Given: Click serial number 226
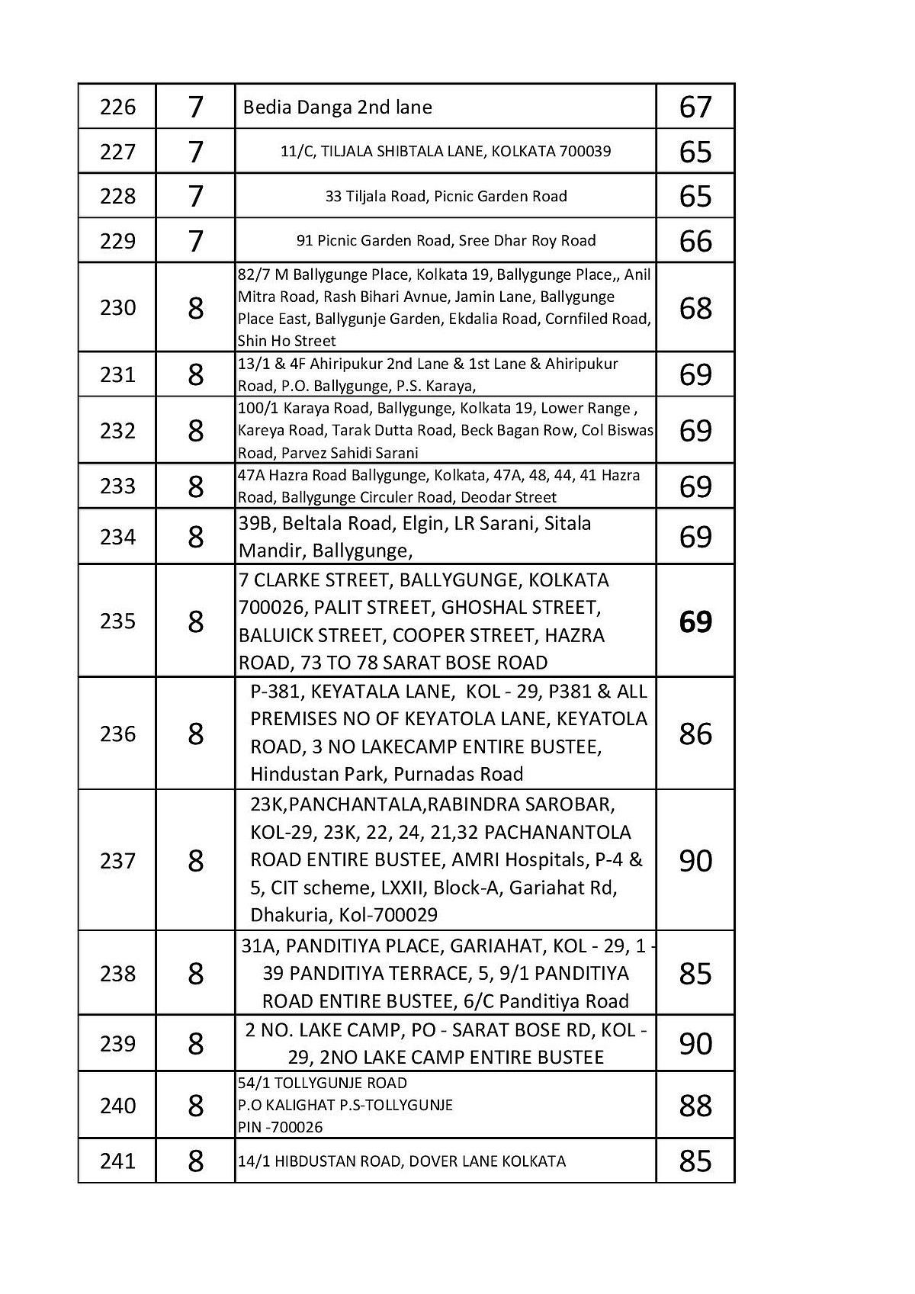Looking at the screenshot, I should (117, 107).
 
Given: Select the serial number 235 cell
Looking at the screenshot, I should (117, 621).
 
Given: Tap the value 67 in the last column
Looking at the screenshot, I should (695, 107).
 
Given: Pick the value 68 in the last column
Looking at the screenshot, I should (695, 308).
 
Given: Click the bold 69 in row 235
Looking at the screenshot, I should (695, 621).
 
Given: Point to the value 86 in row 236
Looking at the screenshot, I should (695, 734).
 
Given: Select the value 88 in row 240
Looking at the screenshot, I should (695, 1106).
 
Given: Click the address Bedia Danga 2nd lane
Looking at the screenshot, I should (337, 108).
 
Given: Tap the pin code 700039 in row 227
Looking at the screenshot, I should (585, 151).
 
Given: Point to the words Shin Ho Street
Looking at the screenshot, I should (287, 341).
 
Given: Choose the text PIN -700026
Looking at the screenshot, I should (280, 1127).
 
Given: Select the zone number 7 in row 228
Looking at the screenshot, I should (195, 197).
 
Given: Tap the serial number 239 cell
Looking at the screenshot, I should (117, 1044).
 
